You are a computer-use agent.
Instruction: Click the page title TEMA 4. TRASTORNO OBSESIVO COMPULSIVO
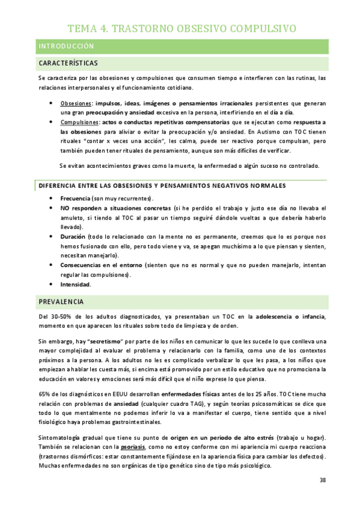(x=181, y=28)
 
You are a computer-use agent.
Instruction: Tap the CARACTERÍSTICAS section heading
(x=68, y=63)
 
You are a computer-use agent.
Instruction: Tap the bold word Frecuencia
(x=75, y=198)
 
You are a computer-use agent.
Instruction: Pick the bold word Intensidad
(x=75, y=284)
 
